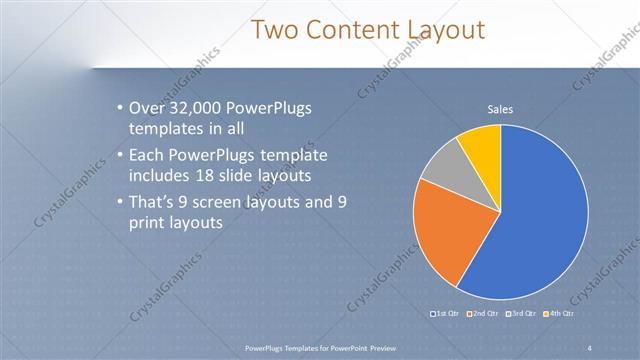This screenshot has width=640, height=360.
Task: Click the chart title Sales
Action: (x=500, y=109)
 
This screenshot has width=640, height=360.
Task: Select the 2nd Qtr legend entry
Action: (x=484, y=314)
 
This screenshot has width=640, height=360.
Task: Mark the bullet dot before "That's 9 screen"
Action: (x=119, y=203)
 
